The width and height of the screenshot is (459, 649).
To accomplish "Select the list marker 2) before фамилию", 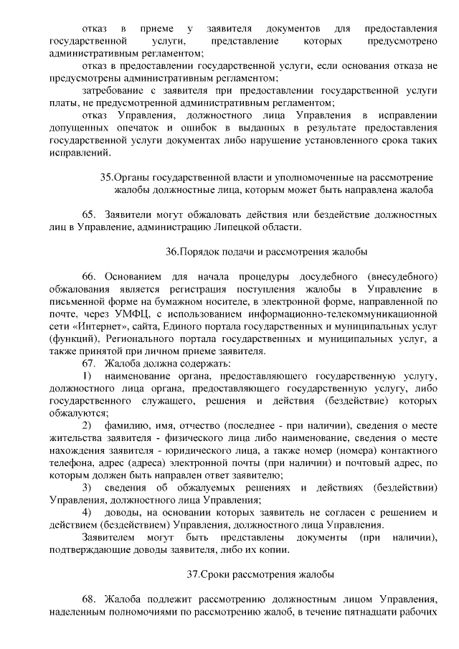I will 87,425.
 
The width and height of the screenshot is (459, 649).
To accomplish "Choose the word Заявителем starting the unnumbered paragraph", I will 108,537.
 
